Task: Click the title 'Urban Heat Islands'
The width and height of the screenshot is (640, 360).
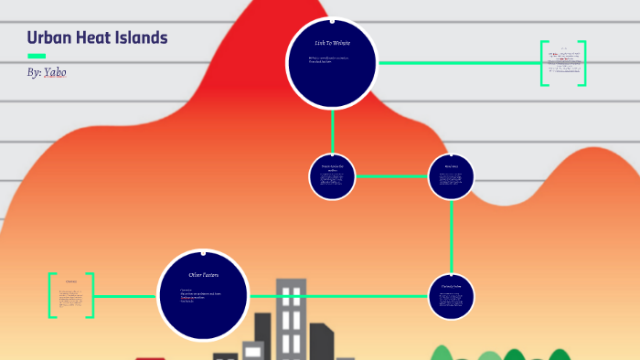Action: click(x=97, y=37)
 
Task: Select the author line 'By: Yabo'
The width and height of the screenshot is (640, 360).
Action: click(x=47, y=71)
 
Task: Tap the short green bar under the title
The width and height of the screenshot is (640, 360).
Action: click(x=37, y=56)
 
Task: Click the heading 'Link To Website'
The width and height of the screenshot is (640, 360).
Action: click(x=332, y=43)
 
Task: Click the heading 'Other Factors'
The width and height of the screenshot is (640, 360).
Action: click(x=203, y=274)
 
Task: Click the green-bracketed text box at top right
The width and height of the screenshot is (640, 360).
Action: click(x=562, y=63)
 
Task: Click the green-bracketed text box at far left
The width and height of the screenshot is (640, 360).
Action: click(x=71, y=295)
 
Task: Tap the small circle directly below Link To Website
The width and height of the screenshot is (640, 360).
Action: click(x=332, y=176)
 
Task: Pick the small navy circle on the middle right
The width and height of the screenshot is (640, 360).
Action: click(x=451, y=175)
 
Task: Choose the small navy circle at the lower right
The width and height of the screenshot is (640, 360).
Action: click(x=451, y=296)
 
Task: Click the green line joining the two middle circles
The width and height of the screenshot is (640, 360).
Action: click(x=391, y=175)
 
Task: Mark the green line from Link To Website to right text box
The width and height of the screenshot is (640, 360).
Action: click(x=457, y=63)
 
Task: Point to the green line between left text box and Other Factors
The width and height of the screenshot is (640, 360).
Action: click(x=125, y=296)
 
